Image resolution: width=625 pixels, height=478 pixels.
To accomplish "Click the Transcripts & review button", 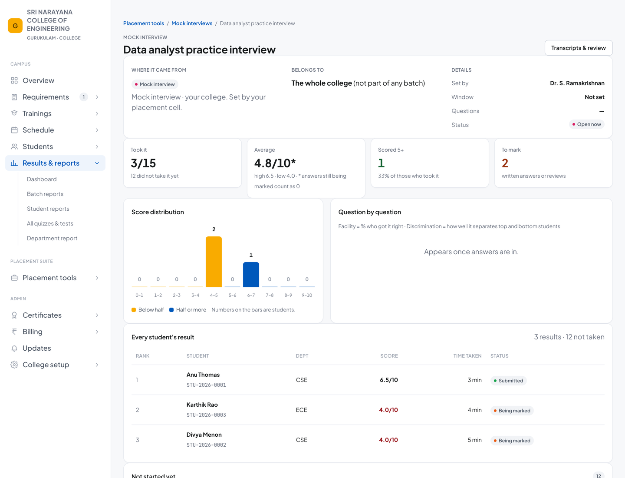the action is [x=578, y=48].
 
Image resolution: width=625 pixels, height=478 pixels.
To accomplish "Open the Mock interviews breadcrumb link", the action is [x=192, y=23].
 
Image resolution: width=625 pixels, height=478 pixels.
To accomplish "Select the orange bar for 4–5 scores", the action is [x=214, y=262].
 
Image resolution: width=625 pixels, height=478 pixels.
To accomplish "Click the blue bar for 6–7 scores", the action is [x=251, y=275].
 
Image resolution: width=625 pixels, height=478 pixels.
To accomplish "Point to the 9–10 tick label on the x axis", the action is [x=307, y=295].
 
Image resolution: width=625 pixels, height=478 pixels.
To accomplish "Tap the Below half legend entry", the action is [x=148, y=310].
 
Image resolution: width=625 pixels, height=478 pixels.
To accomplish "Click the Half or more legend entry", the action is [x=187, y=310].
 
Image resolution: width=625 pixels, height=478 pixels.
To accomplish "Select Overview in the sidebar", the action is [x=38, y=81].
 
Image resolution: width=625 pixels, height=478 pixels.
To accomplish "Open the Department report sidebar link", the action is [x=52, y=238].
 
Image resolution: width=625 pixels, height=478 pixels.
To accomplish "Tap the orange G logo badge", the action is [x=15, y=26].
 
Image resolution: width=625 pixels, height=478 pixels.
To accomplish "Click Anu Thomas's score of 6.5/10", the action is [x=388, y=380].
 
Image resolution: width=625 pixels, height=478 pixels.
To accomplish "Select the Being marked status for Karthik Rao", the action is [x=512, y=411].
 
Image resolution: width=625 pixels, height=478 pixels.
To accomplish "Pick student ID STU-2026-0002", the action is [x=206, y=445].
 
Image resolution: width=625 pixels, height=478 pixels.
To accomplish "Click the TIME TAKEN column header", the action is [x=467, y=356].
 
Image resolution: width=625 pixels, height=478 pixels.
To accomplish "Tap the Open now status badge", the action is [x=586, y=124].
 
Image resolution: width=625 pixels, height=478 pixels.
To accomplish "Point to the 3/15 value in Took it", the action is [x=143, y=163].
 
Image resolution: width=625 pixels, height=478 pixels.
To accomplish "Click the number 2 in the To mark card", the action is [x=505, y=163].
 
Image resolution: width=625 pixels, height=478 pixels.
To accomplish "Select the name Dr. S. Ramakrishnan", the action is [x=577, y=83].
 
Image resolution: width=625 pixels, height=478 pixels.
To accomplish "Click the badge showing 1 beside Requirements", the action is [x=83, y=97].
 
